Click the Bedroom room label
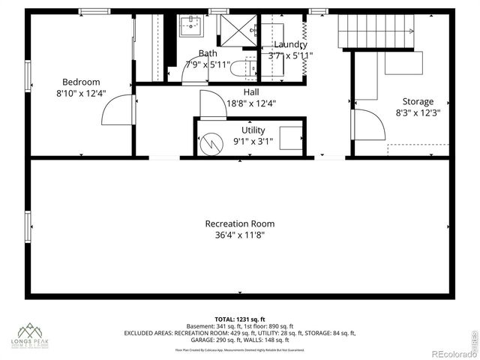[81, 82]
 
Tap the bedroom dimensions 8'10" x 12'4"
[81, 94]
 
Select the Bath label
[208, 53]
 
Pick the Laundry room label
[289, 44]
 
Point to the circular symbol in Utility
[212, 141]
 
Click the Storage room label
[418, 101]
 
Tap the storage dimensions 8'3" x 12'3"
[417, 113]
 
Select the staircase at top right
[376, 31]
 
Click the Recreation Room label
[240, 223]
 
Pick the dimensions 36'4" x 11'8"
[240, 235]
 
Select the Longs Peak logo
[31, 334]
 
